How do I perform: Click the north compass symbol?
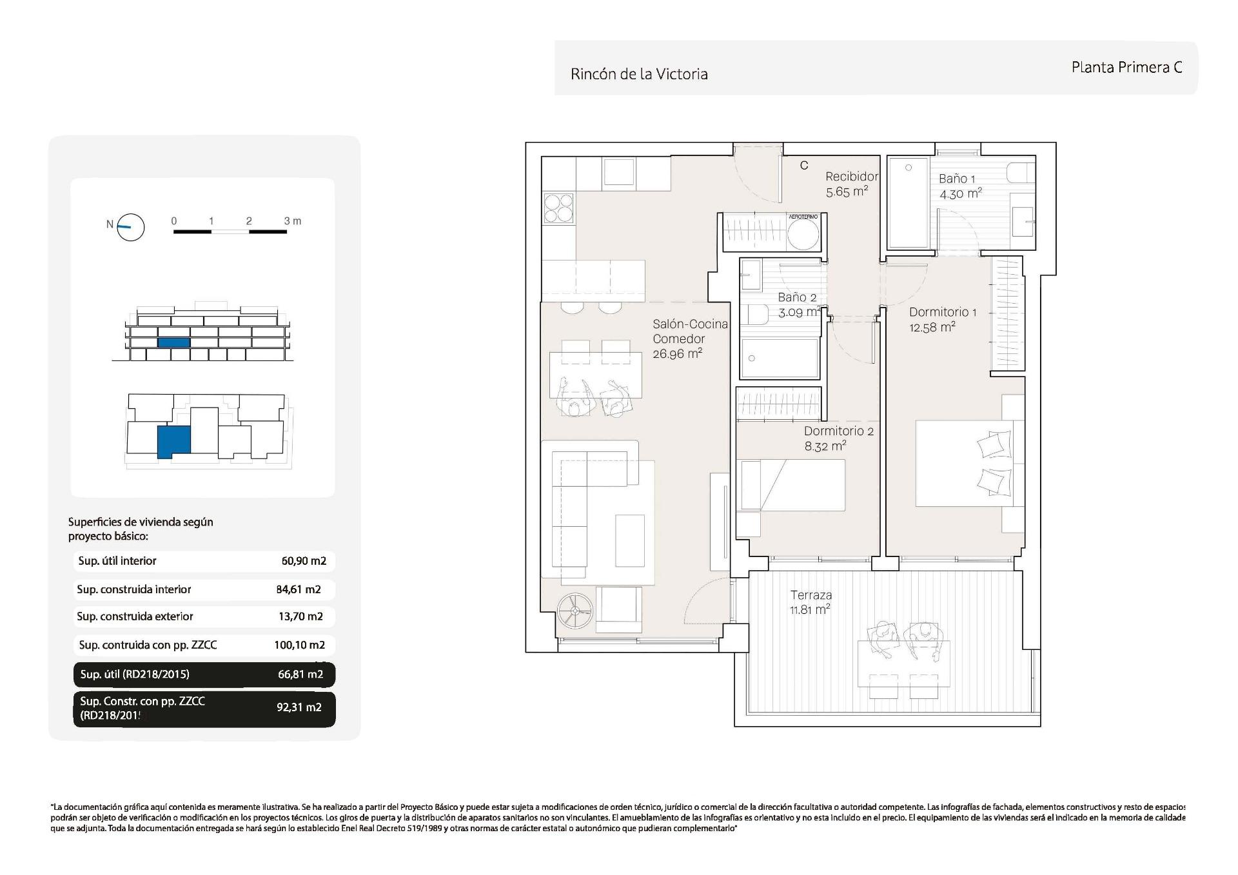(130, 227)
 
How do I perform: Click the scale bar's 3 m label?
(292, 221)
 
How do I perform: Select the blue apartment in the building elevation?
(173, 343)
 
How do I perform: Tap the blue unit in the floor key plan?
(173, 442)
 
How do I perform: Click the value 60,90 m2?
(304, 561)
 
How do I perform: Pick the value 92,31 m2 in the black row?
(299, 707)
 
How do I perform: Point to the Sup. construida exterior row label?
(135, 616)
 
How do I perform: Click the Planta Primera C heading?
(1126, 67)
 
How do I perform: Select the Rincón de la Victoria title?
(639, 74)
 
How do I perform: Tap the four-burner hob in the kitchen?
(558, 208)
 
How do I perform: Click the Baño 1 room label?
(957, 179)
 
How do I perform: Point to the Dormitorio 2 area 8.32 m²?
(825, 446)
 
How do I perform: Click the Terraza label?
(811, 595)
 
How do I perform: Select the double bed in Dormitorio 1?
(964, 463)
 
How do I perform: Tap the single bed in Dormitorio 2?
(792, 484)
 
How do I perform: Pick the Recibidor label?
(851, 177)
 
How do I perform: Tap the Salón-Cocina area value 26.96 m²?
(676, 353)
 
